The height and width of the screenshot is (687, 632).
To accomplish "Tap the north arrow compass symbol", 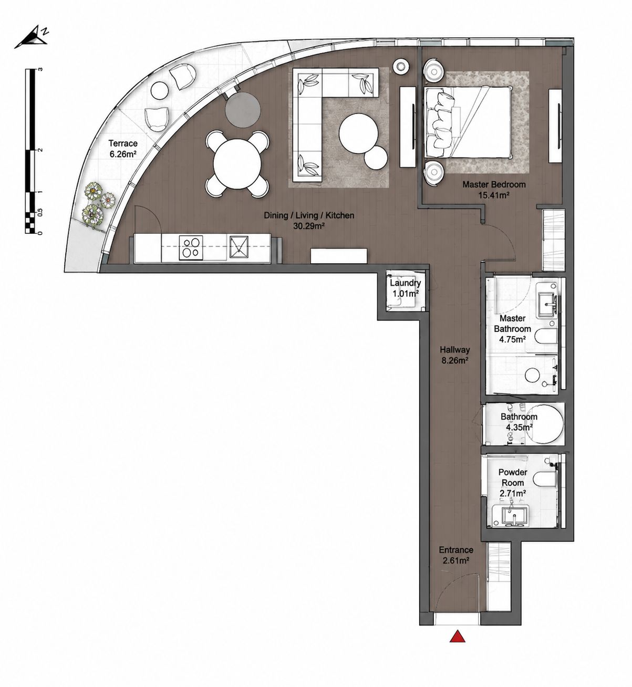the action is (x=32, y=37).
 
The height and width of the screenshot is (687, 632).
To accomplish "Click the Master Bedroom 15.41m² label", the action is (x=494, y=190).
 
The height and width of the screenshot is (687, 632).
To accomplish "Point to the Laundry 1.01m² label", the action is (x=405, y=288).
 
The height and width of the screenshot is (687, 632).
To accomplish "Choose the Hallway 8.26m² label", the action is (x=454, y=355).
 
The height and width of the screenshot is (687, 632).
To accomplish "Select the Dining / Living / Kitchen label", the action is (x=309, y=215).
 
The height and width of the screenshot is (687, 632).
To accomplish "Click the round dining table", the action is (x=238, y=163).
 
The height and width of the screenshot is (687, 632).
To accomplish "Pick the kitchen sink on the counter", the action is (x=239, y=246).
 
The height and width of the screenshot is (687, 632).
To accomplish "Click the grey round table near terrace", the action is (x=242, y=110).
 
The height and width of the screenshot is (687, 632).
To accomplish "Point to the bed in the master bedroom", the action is (x=469, y=122).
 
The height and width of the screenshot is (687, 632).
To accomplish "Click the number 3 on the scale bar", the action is (x=41, y=69).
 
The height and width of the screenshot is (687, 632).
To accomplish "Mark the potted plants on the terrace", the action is (x=97, y=204).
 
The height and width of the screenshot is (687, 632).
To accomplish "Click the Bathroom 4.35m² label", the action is (x=519, y=422).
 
